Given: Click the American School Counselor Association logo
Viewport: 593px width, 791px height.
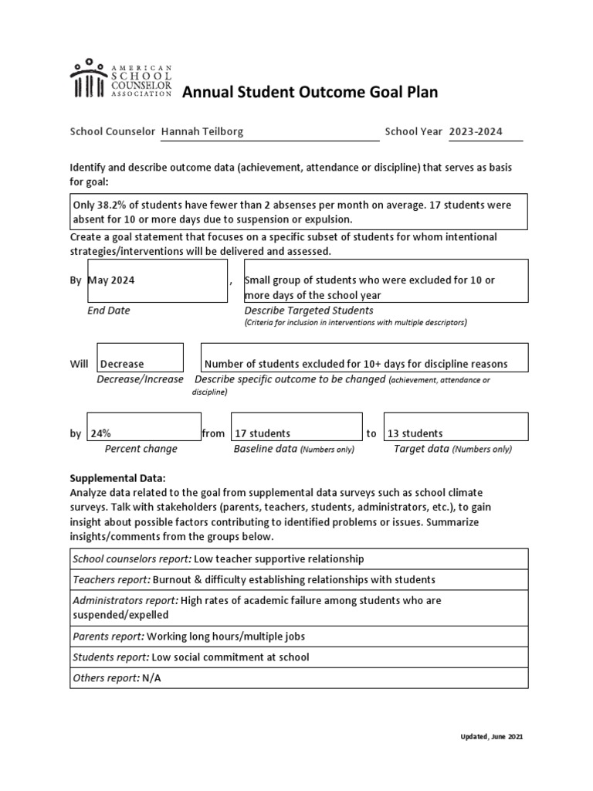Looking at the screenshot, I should (120, 80).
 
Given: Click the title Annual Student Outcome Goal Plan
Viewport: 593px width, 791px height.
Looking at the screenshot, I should (309, 93).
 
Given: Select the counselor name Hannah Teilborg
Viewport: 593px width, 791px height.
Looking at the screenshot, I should (202, 131).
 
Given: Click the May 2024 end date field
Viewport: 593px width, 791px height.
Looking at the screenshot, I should (157, 280).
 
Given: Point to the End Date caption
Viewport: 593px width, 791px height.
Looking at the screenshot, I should (108, 311).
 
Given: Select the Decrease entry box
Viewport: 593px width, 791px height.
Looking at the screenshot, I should (140, 358).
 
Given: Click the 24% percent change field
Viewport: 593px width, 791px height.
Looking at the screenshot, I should (144, 427).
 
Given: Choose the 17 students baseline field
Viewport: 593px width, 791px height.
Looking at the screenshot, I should (296, 427).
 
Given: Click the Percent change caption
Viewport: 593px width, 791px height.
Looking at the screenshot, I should (141, 449).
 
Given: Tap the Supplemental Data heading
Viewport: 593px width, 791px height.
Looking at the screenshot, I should (117, 478).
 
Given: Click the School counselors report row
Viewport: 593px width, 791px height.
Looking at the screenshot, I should (299, 558).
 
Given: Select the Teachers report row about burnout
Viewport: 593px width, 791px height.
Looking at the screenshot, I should (299, 579).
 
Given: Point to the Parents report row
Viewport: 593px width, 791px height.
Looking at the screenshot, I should (299, 636).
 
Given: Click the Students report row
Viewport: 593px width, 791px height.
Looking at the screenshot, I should (299, 657).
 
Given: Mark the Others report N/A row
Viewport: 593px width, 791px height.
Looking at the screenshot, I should (299, 677).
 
